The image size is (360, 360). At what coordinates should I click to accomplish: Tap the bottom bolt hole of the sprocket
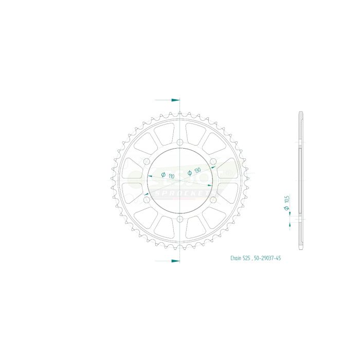[x=179, y=220]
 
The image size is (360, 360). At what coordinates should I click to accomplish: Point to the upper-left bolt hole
[x=146, y=162]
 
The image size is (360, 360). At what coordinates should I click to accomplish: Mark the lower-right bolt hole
[x=212, y=201]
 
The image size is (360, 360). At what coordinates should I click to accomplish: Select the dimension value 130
[x=197, y=170]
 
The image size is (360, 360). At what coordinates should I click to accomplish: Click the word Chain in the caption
[x=236, y=258]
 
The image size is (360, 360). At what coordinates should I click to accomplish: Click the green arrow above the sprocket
[x=175, y=99]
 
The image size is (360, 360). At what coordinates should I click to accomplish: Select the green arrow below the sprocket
[x=175, y=261]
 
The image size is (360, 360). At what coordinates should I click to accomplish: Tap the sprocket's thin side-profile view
[x=300, y=180]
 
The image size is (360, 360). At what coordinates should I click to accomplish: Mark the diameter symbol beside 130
[x=190, y=173]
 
